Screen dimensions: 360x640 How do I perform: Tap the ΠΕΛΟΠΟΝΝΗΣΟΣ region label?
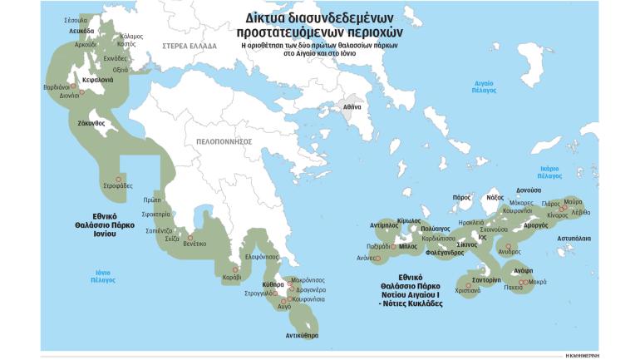click(x=224, y=141)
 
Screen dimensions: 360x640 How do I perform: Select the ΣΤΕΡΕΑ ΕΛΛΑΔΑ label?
click(x=188, y=46)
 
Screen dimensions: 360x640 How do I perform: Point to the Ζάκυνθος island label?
click(x=90, y=123)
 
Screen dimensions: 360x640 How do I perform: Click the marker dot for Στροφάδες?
click(x=118, y=179)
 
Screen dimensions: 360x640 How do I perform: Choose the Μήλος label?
click(x=408, y=246)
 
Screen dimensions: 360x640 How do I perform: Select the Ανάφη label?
click(x=523, y=271)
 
